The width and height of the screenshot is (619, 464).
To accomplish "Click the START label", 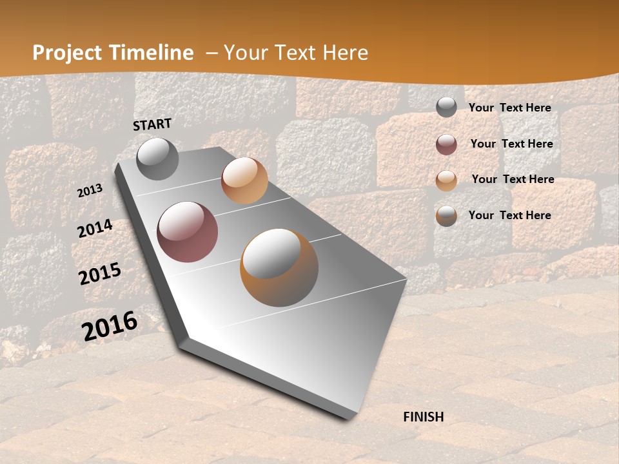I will coord(152,124).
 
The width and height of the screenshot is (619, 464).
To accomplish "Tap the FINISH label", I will coord(424,417).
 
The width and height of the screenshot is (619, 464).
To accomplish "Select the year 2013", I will coord(90,191).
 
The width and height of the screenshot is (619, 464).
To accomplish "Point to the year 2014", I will coord(95,229).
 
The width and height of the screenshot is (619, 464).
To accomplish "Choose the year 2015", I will coord(100,274).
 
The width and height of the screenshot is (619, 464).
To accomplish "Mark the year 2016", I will coord(110,325).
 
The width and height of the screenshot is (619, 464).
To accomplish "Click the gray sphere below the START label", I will coord(157,159).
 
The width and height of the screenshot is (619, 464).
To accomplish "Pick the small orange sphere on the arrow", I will coord(244,180).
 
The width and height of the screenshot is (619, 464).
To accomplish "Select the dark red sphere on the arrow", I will coord(188,232).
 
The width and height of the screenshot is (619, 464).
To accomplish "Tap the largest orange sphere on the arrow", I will coord(279,267).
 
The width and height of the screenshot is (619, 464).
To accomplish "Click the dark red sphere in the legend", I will coord(446,144).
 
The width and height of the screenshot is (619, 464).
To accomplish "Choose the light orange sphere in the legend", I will coord(446,180).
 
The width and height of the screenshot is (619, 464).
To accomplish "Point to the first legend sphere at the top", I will coord(446,108).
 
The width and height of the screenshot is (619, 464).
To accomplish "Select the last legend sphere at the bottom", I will coord(446,216).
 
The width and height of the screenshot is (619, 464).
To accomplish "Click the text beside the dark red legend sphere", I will coord(511,144).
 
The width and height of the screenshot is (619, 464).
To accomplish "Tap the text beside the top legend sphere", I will coord(509,108).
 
